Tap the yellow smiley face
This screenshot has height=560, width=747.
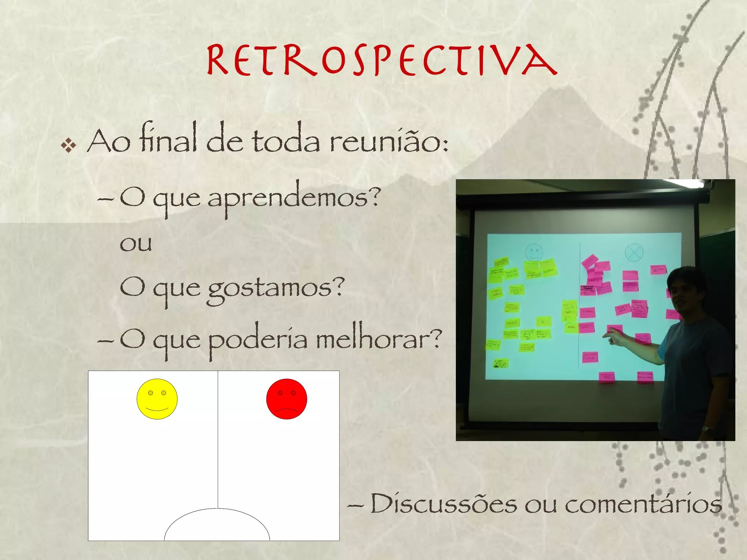(x=157, y=399)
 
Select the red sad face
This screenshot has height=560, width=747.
(x=287, y=399)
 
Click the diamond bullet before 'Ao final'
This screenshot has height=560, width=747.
(x=69, y=146)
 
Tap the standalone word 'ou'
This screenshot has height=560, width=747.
(x=136, y=244)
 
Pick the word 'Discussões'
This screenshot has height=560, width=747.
(x=444, y=504)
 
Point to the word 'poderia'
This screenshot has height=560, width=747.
(x=258, y=340)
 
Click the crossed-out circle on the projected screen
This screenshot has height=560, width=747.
(x=634, y=252)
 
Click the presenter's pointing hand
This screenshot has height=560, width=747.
(x=613, y=336)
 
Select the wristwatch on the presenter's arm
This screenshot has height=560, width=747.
(x=708, y=429)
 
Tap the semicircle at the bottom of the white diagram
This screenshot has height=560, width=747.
(x=217, y=525)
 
